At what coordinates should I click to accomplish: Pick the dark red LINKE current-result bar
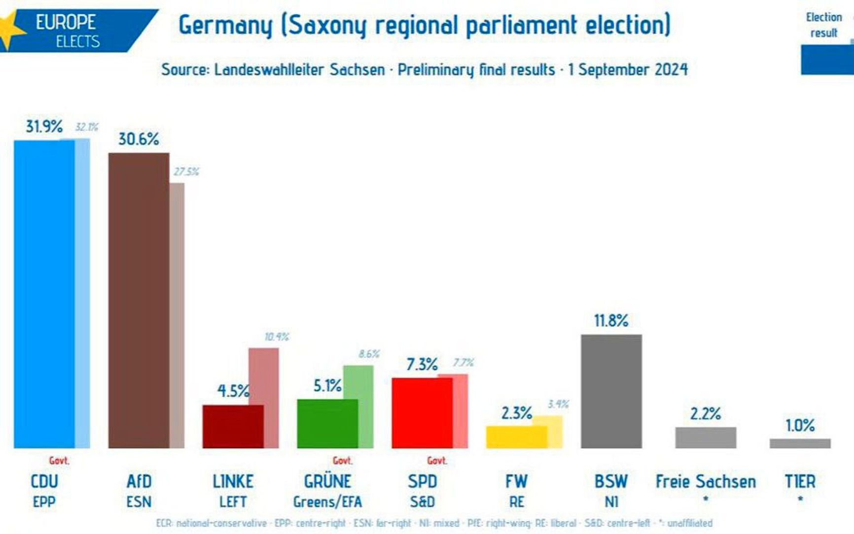[x=233, y=427]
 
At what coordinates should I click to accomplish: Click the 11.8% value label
[x=611, y=321]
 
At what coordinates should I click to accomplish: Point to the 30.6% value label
[x=139, y=139]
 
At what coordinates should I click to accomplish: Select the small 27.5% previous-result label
[x=186, y=172]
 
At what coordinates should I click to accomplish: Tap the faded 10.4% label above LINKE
[x=277, y=337]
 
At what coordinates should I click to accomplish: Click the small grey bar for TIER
[x=800, y=443]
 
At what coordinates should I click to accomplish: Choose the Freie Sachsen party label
[x=706, y=481]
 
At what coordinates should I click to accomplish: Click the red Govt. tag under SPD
[x=437, y=461]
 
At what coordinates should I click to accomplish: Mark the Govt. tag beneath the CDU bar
[x=59, y=461]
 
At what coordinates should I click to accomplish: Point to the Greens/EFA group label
[x=327, y=502]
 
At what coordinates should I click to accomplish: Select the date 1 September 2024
[x=628, y=70]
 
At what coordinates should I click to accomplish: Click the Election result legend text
[x=823, y=25]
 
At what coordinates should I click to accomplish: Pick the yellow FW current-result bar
[x=516, y=437]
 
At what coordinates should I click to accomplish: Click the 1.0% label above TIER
[x=800, y=425]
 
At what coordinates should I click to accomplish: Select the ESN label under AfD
[x=139, y=502]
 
